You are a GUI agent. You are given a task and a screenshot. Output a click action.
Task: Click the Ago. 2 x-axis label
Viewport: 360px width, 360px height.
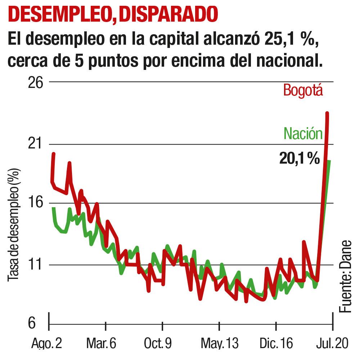(46, 344)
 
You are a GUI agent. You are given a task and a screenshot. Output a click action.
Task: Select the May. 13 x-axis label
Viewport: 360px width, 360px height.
(219, 344)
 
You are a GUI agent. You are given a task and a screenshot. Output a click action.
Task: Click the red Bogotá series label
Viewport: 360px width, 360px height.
(303, 90)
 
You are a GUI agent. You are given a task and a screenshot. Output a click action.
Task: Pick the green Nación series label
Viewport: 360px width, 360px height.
(303, 134)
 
